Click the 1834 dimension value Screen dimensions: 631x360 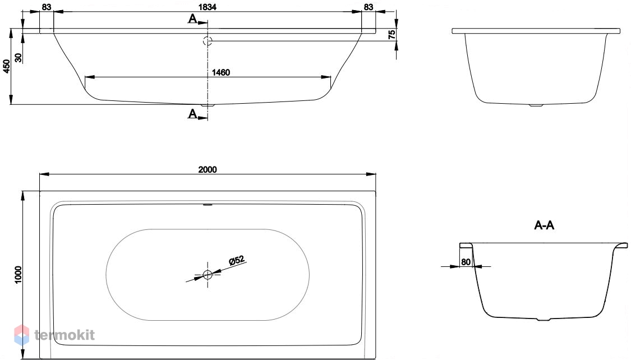(208, 7)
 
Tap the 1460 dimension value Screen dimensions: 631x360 (221, 72)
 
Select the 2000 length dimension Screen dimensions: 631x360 (208, 169)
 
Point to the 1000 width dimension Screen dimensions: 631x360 (19, 275)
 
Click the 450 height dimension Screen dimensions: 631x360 (6, 66)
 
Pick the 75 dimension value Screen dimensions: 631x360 (392, 35)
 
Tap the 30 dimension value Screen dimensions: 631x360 (19, 58)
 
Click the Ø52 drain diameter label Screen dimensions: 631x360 (237, 260)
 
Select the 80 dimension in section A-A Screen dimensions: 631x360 (466, 262)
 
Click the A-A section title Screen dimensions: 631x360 (544, 225)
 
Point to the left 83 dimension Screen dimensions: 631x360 (47, 7)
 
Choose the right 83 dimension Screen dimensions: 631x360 (369, 7)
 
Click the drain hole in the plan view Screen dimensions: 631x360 (208, 275)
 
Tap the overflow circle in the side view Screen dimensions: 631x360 (208, 40)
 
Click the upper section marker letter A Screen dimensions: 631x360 (193, 19)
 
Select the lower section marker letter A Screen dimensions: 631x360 (193, 114)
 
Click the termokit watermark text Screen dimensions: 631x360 (65, 335)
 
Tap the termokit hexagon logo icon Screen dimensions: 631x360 (22, 335)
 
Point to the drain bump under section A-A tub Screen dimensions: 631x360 (544, 320)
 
